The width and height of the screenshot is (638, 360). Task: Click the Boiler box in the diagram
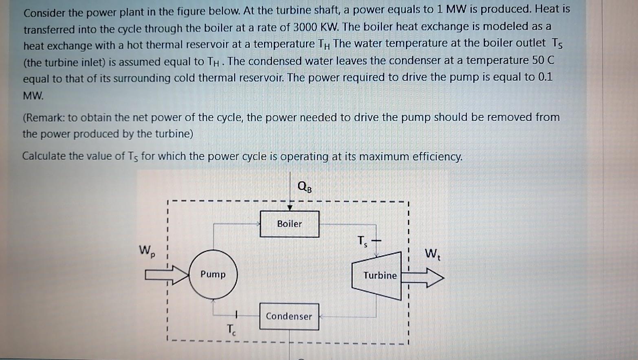tap(290, 224)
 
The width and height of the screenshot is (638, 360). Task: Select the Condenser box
tap(289, 316)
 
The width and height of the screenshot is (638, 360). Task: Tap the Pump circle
tap(213, 274)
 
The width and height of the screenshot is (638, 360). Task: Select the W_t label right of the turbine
tap(432, 254)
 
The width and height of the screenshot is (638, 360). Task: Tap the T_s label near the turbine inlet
tap(363, 241)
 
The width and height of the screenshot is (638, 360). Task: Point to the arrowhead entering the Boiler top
tap(290, 208)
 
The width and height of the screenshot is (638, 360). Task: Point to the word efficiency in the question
tap(438, 157)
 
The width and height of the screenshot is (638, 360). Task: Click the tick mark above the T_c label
tap(236, 314)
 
